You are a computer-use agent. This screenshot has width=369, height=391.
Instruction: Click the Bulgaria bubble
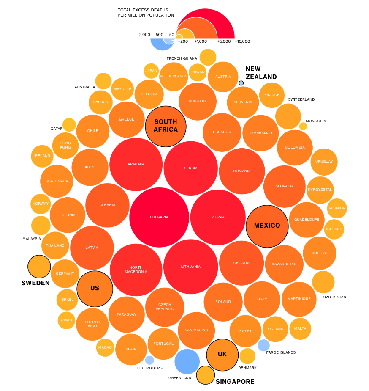click(159, 217)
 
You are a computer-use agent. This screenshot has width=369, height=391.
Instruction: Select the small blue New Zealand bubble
click(241, 83)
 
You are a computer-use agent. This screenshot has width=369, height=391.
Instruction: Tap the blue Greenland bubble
click(187, 361)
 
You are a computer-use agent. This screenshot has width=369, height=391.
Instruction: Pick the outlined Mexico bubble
click(267, 226)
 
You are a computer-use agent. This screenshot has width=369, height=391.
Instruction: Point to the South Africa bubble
click(166, 126)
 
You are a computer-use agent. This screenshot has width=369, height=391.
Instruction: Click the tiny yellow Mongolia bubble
click(303, 126)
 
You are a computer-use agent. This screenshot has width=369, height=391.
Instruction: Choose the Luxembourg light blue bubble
click(149, 360)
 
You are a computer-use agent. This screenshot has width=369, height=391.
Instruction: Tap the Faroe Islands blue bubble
click(263, 345)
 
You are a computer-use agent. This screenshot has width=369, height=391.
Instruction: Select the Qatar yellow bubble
click(69, 125)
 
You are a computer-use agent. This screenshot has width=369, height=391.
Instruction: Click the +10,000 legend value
click(242, 41)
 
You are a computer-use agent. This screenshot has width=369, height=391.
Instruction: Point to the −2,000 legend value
click(144, 35)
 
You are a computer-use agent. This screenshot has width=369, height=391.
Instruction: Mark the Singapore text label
click(235, 382)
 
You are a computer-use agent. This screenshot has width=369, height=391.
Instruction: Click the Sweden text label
click(35, 283)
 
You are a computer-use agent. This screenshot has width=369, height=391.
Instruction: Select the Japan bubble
click(151, 71)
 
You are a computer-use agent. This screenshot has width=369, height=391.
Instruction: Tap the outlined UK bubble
click(222, 355)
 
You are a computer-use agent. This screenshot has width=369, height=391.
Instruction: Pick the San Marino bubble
click(196, 330)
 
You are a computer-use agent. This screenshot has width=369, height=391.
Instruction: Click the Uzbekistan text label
click(334, 297)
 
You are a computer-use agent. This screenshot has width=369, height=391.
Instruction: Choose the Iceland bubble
click(334, 229)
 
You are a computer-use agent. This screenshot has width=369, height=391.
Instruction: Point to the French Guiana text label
click(182, 58)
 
